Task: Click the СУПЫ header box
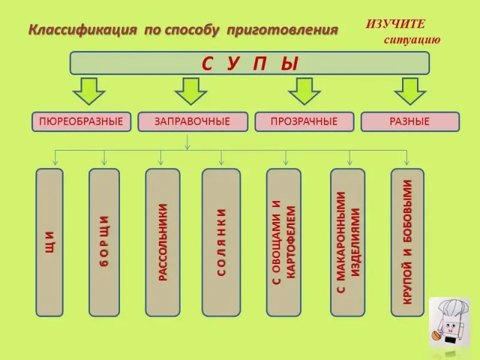click(x=250, y=63)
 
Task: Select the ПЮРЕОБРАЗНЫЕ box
click(x=81, y=122)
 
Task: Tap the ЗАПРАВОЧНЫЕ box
click(x=193, y=122)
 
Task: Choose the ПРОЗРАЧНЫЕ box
click(x=304, y=122)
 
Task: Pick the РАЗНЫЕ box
click(x=410, y=122)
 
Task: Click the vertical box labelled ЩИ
click(x=50, y=242)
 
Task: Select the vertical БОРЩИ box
click(x=104, y=242)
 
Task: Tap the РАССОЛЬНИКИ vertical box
click(x=163, y=242)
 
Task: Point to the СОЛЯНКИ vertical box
click(x=221, y=242)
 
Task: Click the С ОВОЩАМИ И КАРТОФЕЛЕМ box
click(x=284, y=242)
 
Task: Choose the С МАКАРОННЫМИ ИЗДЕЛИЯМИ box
click(x=348, y=242)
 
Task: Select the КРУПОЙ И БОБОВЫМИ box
click(x=407, y=242)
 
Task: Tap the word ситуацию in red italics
click(x=412, y=40)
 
